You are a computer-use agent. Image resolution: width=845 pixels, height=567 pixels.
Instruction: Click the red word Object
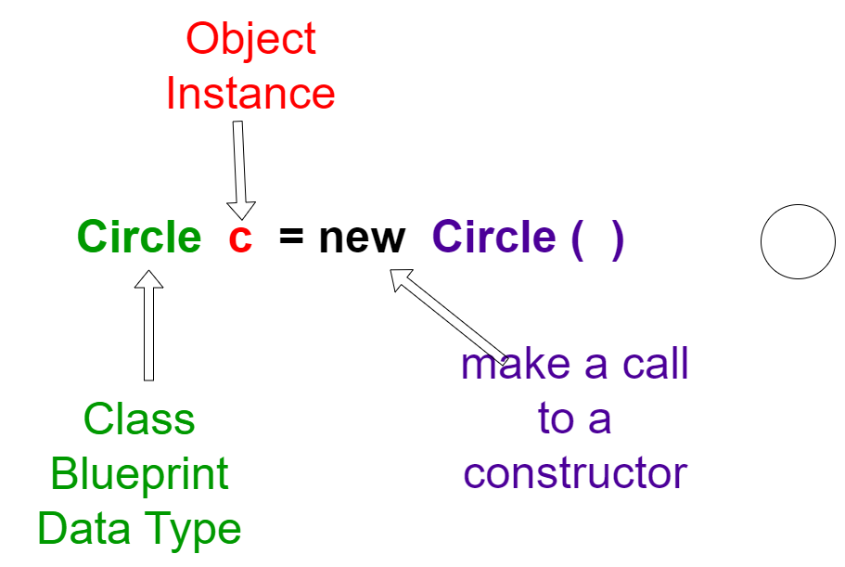250,40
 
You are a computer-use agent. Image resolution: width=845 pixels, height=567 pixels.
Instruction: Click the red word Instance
250,93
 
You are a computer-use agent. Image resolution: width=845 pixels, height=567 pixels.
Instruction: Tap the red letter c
240,238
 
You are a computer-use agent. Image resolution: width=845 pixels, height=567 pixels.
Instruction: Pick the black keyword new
362,238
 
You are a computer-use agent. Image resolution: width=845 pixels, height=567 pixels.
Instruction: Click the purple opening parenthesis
577,240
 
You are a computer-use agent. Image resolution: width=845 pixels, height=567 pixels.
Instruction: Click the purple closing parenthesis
618,240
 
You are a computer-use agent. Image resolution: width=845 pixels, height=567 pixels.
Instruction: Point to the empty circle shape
798,204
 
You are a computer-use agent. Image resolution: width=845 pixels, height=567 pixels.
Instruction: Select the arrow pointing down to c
240,171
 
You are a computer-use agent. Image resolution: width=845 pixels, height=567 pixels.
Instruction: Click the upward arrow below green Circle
148,326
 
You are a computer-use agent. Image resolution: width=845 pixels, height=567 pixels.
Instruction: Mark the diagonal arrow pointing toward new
449,317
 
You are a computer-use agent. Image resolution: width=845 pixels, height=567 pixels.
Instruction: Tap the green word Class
139,419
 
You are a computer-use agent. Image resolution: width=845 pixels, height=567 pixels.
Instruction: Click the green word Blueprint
139,474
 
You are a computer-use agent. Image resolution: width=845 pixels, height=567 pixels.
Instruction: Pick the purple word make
516,364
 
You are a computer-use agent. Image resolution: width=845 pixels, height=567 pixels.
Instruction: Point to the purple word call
655,363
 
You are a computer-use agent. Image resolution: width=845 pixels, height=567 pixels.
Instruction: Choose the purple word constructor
575,473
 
